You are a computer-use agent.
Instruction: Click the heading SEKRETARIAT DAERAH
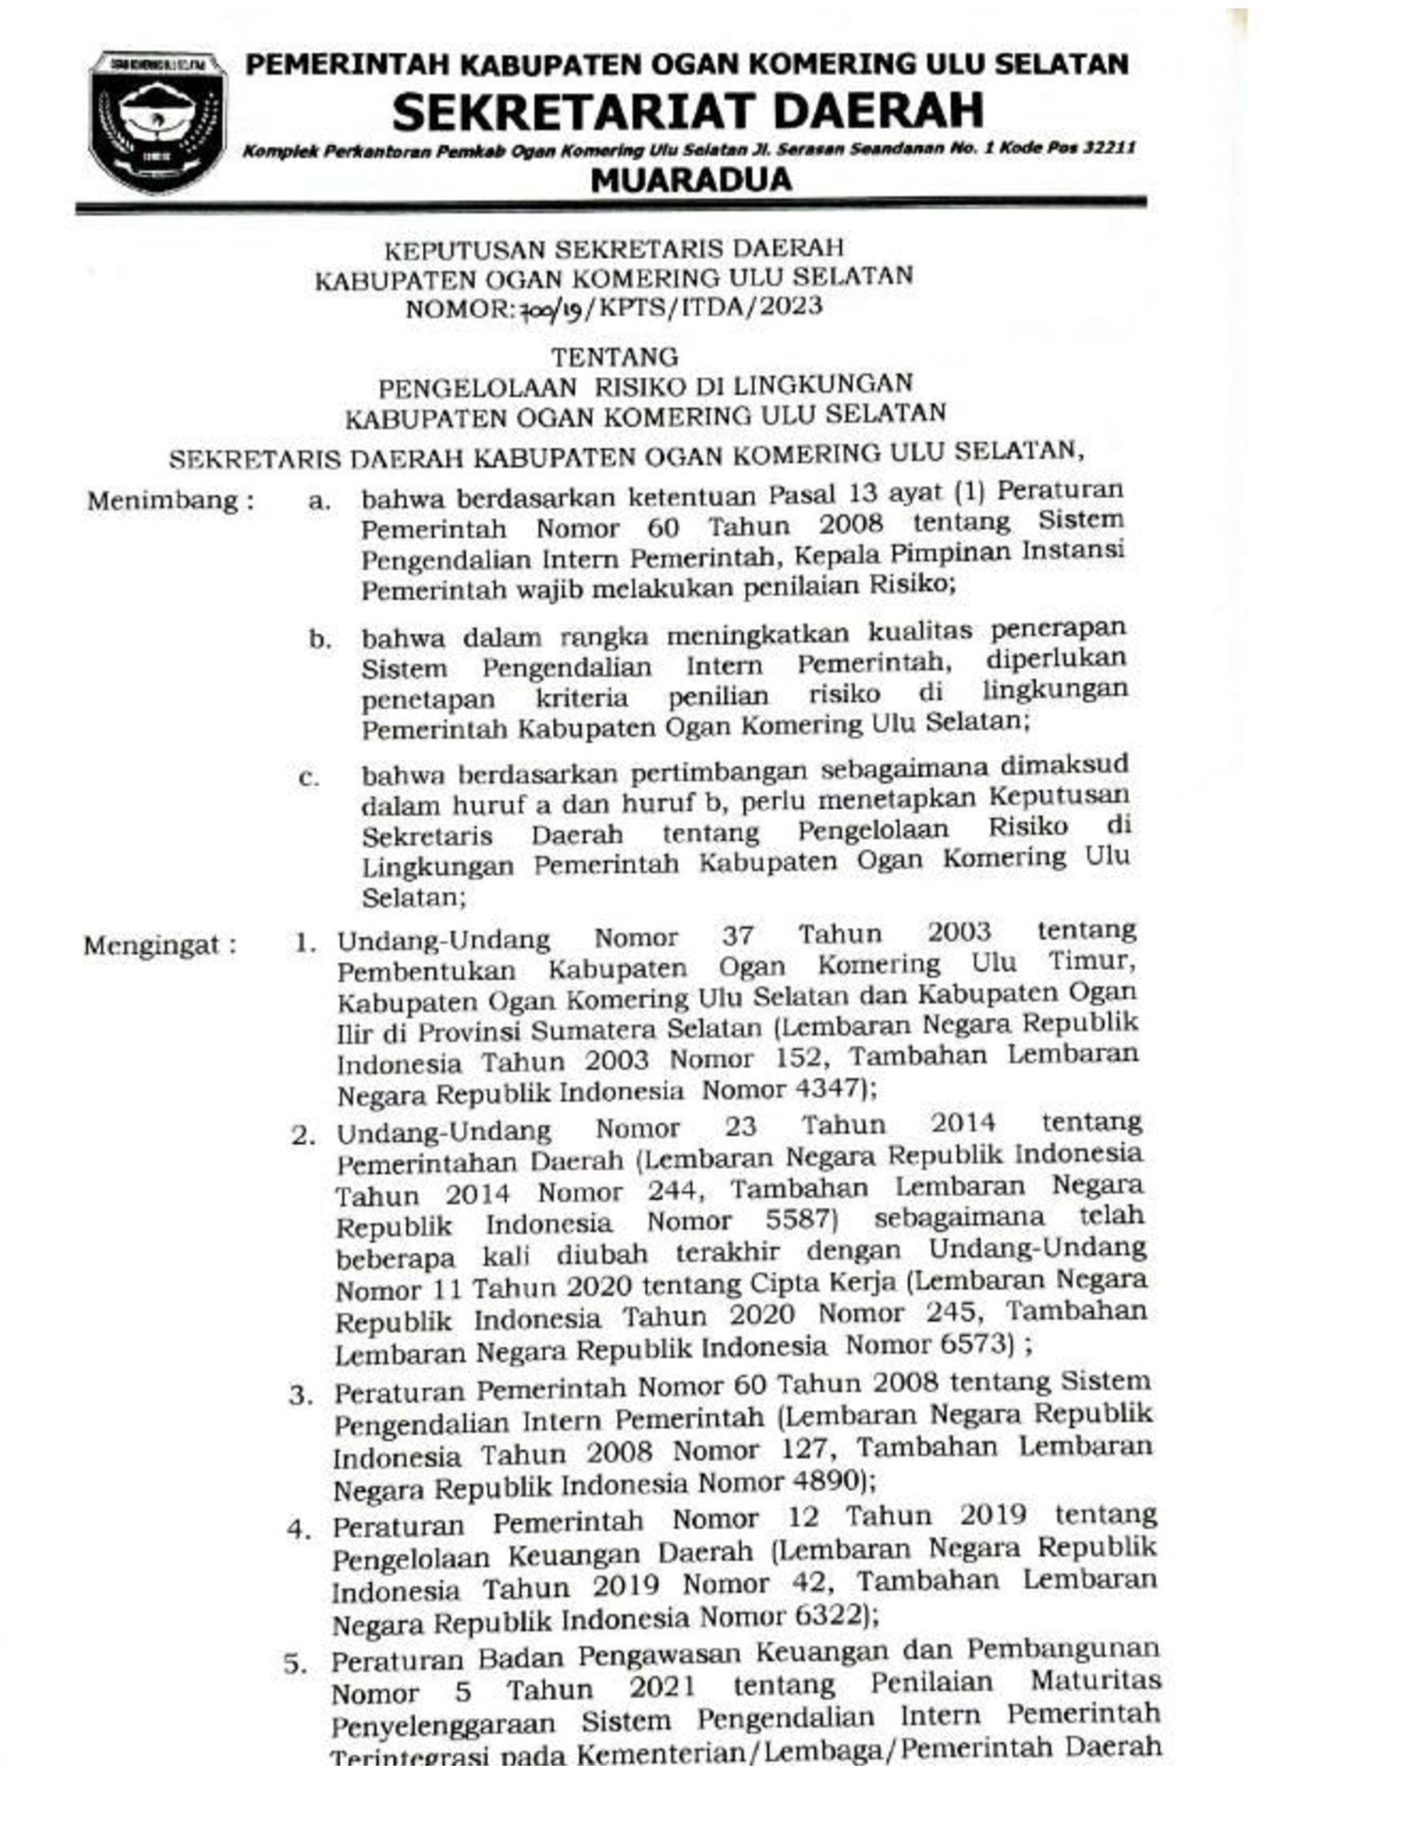[x=687, y=111]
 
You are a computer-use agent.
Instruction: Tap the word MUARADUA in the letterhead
[x=691, y=179]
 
